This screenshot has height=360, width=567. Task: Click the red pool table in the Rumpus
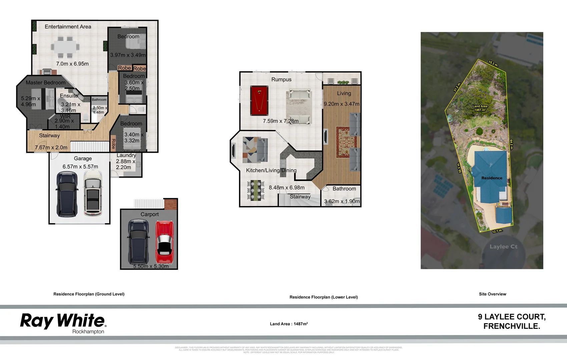coord(259,101)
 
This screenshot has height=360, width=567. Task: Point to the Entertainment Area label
coord(68,27)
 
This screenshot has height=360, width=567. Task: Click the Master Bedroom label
coord(45,83)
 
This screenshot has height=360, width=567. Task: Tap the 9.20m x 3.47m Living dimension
coord(342,104)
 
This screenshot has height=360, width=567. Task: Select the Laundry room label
coord(126,155)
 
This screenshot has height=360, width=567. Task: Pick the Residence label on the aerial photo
coord(492,178)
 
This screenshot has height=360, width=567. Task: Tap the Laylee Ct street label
coord(503,247)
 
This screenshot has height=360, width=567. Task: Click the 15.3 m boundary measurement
coord(493,63)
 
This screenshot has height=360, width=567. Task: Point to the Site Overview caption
coord(492,294)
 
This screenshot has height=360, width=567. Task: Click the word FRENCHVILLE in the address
coord(511,326)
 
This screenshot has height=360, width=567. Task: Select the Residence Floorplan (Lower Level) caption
coord(324,297)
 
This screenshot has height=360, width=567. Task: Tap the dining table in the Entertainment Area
coord(65,47)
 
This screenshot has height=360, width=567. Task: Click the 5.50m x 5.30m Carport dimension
coord(151,266)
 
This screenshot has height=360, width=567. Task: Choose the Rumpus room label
coord(281,79)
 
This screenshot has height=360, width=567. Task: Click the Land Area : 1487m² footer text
coord(289,324)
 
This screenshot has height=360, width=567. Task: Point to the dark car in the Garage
coord(67,194)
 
